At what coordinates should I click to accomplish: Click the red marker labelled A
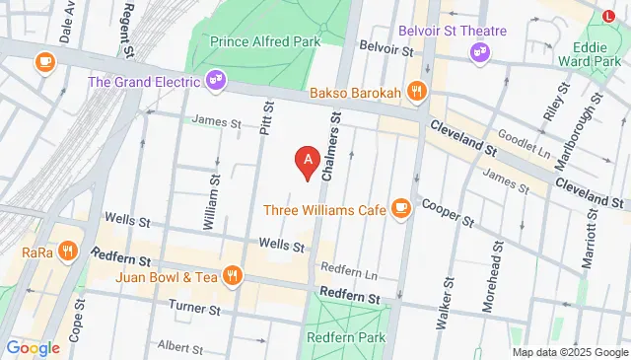308,162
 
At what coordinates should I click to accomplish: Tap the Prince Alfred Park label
267,42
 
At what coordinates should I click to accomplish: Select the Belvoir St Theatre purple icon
480,49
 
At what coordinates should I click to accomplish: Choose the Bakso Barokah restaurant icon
418,92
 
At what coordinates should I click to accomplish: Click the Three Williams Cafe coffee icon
400,208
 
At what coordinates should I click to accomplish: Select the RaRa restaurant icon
67,251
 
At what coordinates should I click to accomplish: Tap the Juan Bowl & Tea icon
232,276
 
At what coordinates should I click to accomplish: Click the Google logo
33,347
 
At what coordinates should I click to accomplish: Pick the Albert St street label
179,347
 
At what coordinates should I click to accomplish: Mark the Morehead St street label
486,282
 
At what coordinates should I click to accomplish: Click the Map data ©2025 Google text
569,352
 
